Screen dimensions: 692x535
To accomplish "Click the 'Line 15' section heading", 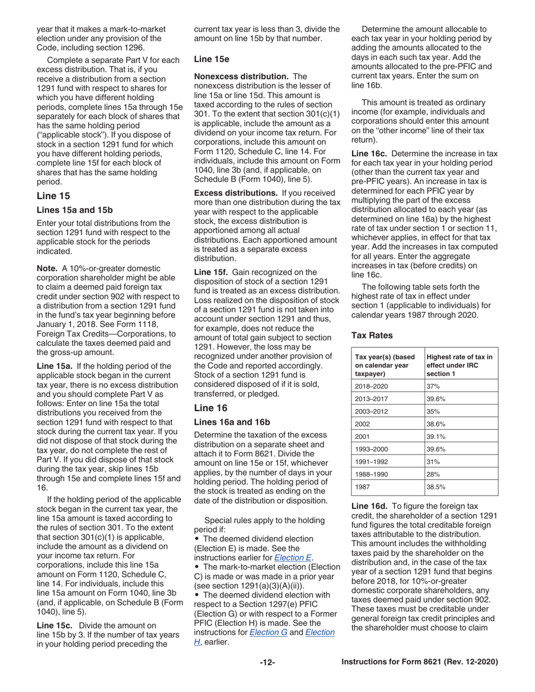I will click(x=53, y=196).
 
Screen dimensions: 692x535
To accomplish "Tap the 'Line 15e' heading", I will click(x=211, y=59).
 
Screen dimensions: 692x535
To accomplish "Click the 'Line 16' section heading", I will click(x=211, y=407).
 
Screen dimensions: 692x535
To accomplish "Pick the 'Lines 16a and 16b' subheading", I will click(x=232, y=421).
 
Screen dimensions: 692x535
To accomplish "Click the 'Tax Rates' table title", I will click(x=372, y=335).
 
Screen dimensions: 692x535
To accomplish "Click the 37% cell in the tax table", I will click(x=434, y=386).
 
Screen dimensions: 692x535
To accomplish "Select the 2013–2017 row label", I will click(x=371, y=399).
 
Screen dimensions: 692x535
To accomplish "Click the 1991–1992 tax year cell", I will click(x=371, y=462).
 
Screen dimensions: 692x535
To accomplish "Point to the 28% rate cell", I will click(x=434, y=474).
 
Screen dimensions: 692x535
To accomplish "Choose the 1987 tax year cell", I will click(x=363, y=487).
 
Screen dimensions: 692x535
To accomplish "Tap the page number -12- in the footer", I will click(x=267, y=662).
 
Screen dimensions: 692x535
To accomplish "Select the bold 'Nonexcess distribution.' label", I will click(x=241, y=76).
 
